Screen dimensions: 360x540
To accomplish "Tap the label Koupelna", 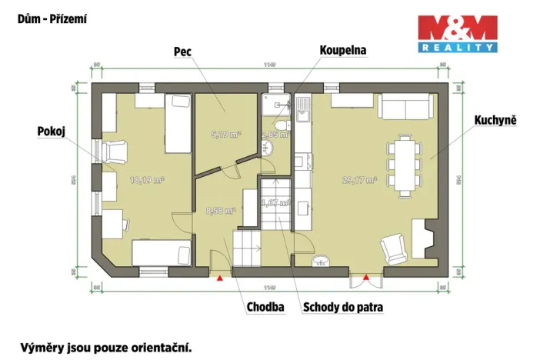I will click(342, 50).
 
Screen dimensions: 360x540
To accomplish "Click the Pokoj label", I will click(49, 132).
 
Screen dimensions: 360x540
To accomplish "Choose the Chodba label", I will click(265, 307).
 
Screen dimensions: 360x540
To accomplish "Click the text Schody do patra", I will click(343, 307).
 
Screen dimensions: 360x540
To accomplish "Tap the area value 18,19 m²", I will click(147, 180).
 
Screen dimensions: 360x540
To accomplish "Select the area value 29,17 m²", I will click(359, 180).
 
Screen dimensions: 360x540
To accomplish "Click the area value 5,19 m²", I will click(225, 134).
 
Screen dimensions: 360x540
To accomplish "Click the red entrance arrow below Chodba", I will click(221, 278).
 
